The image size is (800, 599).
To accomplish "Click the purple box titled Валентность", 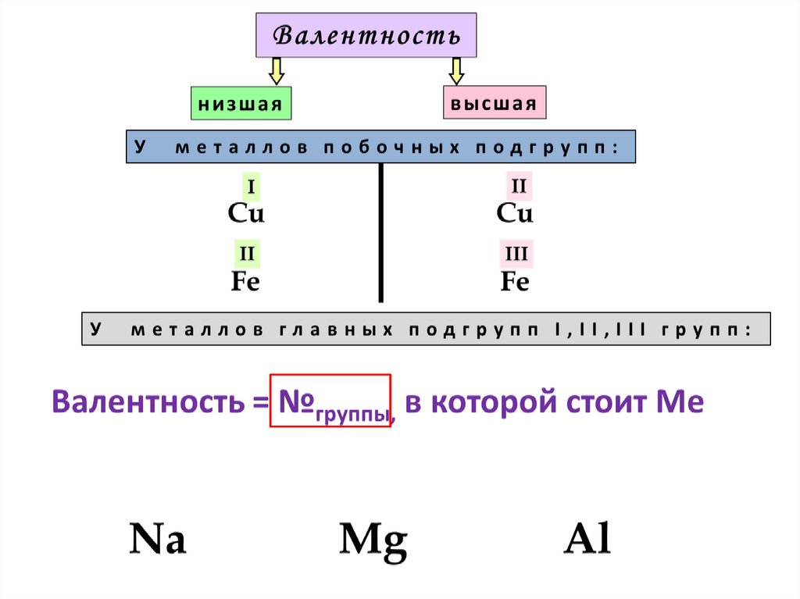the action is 366,35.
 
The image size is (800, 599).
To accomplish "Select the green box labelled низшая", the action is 241,104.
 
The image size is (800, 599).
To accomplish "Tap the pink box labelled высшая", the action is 495,104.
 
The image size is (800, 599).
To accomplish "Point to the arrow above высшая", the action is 456,70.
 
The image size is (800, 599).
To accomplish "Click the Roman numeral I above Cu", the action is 252,187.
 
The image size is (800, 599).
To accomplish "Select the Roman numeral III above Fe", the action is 516,255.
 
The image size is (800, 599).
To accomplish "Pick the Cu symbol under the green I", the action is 246,213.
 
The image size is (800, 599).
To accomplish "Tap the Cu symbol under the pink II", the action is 515,213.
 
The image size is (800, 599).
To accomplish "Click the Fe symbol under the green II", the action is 245,281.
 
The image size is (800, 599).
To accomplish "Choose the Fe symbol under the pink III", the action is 515,281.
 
